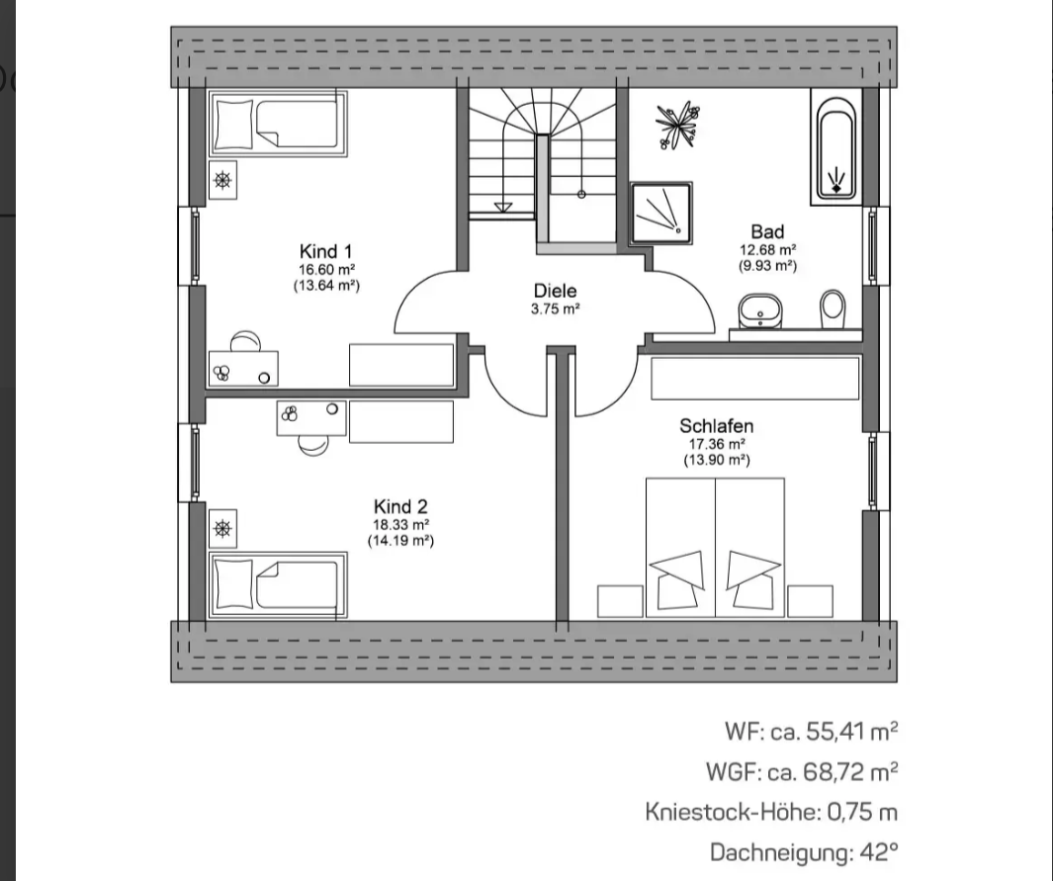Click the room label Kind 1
tap(325, 252)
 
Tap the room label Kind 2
tap(400, 507)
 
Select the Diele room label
tap(555, 291)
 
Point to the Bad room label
tap(767, 232)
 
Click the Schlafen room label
tap(717, 426)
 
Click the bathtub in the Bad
tap(836, 147)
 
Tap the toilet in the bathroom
tap(833, 308)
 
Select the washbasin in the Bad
tap(760, 311)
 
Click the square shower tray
tap(661, 213)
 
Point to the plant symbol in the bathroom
tap(678, 125)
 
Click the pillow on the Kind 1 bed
tap(233, 124)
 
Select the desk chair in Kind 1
tap(245, 341)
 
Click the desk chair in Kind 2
tap(313, 445)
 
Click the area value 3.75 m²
tap(555, 309)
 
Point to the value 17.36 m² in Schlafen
tap(717, 444)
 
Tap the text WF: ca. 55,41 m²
tap(811, 731)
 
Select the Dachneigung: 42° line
tap(804, 852)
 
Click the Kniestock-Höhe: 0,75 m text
tap(771, 812)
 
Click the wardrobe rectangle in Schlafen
tap(754, 379)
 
